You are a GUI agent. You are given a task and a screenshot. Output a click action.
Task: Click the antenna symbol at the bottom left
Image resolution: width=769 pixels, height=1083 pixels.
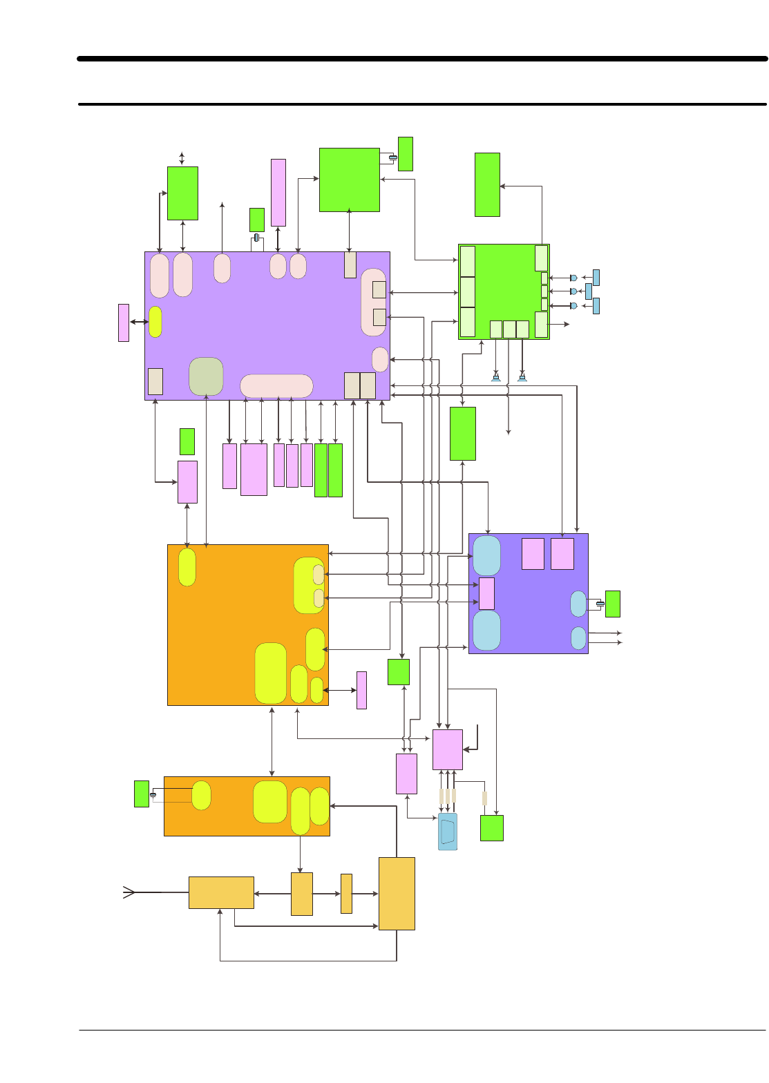(x=129, y=892)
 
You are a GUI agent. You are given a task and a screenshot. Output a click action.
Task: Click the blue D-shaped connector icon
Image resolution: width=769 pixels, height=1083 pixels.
(x=448, y=832)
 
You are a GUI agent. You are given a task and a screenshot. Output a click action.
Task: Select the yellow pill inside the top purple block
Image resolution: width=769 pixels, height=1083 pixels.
(x=155, y=322)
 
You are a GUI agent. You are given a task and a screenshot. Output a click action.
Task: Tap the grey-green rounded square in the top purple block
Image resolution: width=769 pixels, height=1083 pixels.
(x=206, y=376)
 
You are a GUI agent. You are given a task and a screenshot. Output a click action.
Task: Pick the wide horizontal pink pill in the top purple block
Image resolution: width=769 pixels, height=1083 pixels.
(x=276, y=386)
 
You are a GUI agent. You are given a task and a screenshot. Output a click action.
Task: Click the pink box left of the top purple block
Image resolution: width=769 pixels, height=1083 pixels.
(x=124, y=323)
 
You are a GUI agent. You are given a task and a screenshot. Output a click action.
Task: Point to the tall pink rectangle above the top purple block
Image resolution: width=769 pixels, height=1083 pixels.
(x=278, y=193)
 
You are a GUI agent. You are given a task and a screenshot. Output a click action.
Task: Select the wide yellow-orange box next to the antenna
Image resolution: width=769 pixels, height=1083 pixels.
(x=221, y=892)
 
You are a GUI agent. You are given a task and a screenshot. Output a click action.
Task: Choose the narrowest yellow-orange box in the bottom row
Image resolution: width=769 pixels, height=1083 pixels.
(x=346, y=894)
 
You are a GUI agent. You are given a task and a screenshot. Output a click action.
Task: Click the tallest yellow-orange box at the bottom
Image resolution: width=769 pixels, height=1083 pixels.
(x=397, y=894)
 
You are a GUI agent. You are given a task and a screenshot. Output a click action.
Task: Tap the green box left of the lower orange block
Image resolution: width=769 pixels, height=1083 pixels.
(x=142, y=794)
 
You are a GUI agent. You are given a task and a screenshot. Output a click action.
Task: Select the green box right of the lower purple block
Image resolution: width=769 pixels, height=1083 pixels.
(x=612, y=604)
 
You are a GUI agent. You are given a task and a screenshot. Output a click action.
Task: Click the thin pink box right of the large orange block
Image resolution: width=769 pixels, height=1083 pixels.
(x=361, y=690)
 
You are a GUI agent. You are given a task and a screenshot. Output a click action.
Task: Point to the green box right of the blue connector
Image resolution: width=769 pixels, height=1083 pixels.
(x=491, y=828)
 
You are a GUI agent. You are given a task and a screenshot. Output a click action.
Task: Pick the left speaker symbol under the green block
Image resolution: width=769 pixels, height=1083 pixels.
(x=496, y=377)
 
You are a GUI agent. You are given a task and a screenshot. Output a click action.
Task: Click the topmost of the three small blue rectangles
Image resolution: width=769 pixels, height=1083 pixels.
(x=596, y=278)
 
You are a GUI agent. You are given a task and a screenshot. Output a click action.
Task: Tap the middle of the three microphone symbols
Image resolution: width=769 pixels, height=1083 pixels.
(x=573, y=291)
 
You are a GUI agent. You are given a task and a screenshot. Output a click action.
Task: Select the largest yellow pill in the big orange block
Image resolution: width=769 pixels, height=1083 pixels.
(x=271, y=673)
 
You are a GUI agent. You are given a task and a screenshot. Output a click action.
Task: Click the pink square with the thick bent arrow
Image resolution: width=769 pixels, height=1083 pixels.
(x=448, y=749)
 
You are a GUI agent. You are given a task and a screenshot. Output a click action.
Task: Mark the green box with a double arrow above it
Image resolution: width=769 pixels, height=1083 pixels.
(x=182, y=193)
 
